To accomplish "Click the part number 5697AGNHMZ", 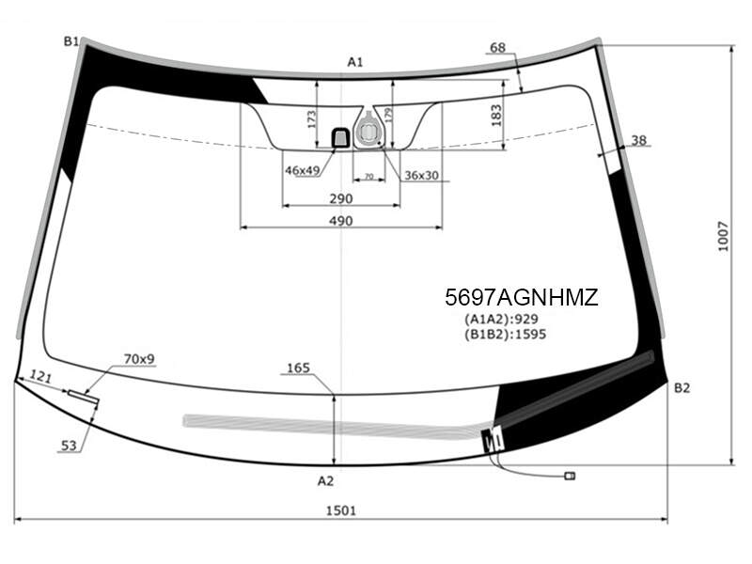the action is (x=522, y=297).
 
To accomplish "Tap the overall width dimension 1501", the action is (x=341, y=510).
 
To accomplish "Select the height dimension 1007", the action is (x=723, y=237).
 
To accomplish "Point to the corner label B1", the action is (x=71, y=41).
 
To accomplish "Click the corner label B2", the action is (x=681, y=387).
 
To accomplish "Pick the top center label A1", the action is (x=355, y=62).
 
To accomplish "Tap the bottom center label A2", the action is (x=325, y=480).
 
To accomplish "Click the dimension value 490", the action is (x=341, y=221).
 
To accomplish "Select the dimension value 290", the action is (x=341, y=198).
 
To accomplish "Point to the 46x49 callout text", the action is (x=302, y=170).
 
